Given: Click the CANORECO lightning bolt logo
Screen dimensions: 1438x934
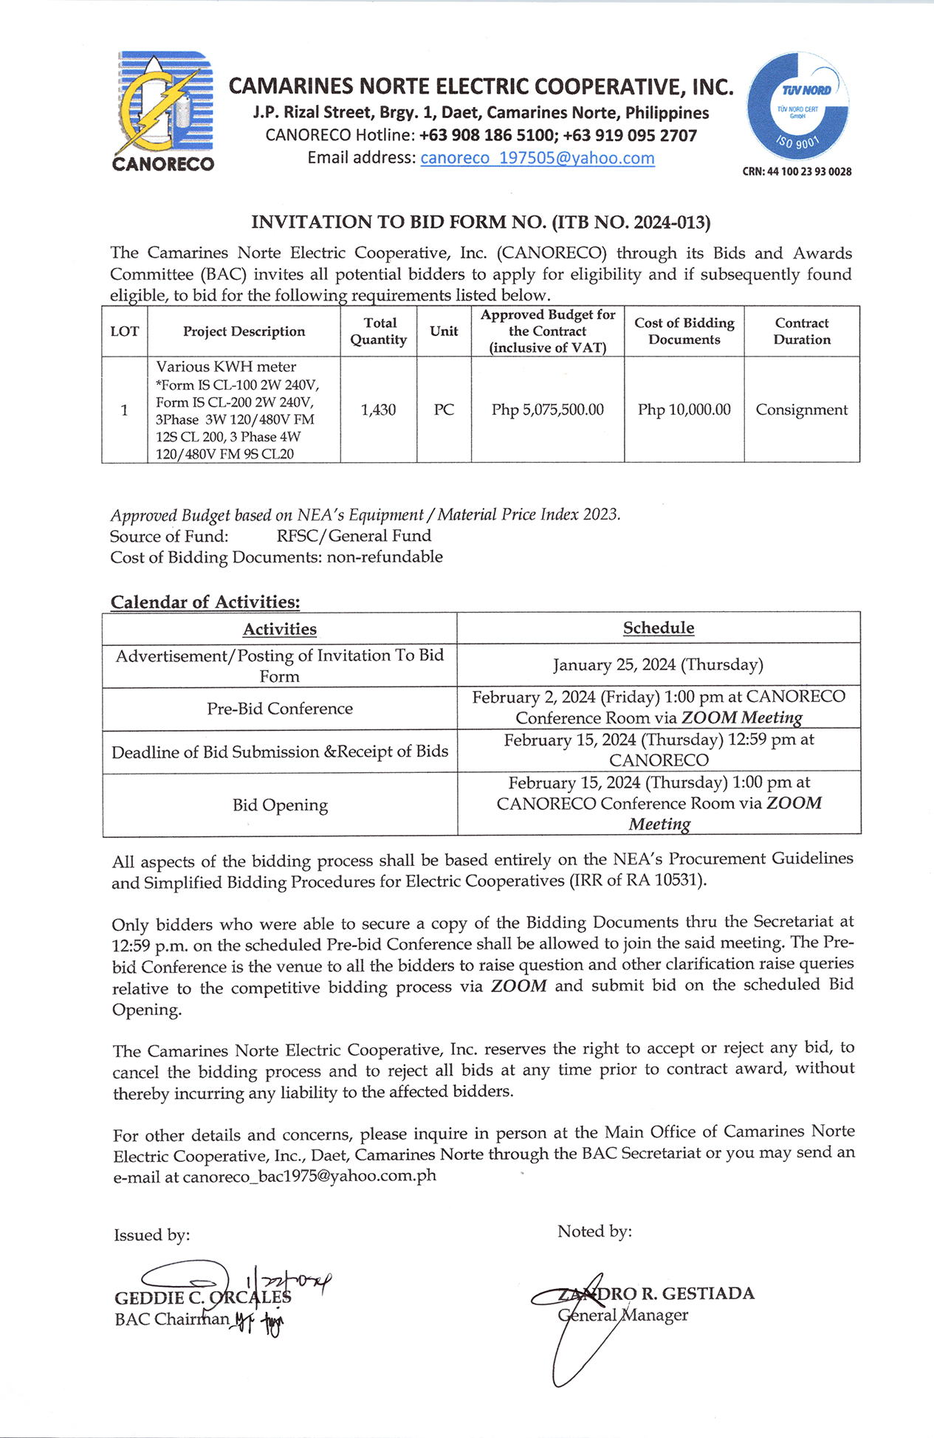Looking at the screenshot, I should (x=163, y=111).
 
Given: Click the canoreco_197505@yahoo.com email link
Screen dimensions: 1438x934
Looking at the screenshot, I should (x=538, y=158).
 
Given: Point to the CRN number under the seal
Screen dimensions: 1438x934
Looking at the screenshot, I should (x=797, y=172).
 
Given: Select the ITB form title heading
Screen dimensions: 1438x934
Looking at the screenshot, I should (x=481, y=222).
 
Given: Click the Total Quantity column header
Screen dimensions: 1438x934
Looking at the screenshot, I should (x=379, y=331).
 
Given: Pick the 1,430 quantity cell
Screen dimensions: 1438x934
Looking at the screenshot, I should (x=379, y=410).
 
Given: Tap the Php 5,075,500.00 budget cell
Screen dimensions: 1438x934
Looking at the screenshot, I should (x=548, y=410).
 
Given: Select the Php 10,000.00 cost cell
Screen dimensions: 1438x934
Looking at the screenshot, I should (x=684, y=410).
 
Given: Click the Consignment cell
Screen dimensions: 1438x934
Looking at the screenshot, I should (x=802, y=410).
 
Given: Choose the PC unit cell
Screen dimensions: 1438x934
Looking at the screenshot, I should (x=444, y=410).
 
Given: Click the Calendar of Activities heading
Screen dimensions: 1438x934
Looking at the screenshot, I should (x=205, y=602).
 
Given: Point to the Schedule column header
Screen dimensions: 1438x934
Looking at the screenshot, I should (x=659, y=628).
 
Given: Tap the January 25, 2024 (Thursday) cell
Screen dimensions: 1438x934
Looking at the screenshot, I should (x=659, y=665).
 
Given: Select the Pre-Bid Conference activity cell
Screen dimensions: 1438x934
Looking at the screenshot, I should (x=280, y=709).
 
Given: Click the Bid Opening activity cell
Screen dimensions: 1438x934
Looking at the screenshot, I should (x=280, y=805).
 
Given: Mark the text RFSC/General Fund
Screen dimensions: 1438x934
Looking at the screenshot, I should (x=354, y=536).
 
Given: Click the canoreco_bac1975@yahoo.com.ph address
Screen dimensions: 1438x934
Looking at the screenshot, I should (x=309, y=1176).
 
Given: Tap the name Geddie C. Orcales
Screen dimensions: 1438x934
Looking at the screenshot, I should (x=203, y=1298).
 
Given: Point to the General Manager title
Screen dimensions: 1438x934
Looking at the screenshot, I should (x=623, y=1315).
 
